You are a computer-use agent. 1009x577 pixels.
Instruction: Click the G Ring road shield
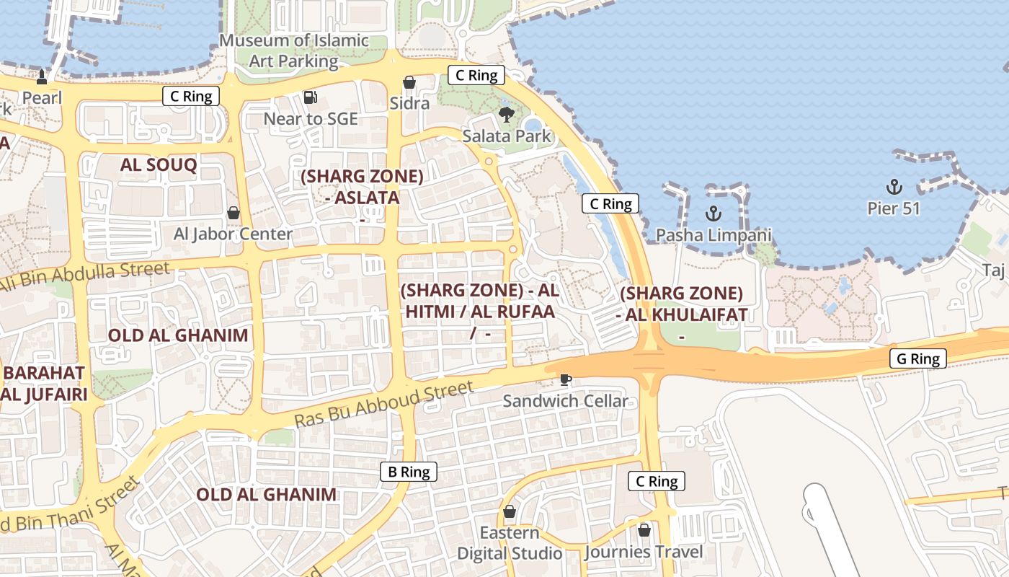[x=917, y=358]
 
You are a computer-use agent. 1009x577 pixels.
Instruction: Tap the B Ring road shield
[x=409, y=472]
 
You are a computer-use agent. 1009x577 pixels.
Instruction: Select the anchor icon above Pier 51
[x=894, y=187]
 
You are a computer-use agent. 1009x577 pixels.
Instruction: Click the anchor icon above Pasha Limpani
[x=713, y=213]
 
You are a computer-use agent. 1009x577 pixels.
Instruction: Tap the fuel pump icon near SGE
[x=310, y=97]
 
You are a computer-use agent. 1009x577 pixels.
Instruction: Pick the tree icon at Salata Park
[x=507, y=114]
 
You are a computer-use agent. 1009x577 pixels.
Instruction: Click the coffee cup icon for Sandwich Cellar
[x=566, y=379]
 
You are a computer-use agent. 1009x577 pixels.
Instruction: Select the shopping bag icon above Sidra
[x=409, y=82]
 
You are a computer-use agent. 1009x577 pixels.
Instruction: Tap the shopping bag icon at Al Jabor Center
[x=234, y=213]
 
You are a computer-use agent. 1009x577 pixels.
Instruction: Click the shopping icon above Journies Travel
[x=644, y=530]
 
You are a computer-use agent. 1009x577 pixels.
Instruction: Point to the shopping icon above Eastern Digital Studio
[x=510, y=511]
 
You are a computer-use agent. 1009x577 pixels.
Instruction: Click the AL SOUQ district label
[x=159, y=164]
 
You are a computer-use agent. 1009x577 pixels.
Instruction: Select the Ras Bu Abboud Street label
[x=384, y=404]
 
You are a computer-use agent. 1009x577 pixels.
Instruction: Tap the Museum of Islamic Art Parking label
[x=293, y=50]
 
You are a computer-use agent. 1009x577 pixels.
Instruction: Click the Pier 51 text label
[x=894, y=208]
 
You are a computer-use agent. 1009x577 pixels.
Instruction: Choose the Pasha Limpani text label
[x=713, y=235]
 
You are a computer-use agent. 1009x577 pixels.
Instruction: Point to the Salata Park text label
[x=507, y=136]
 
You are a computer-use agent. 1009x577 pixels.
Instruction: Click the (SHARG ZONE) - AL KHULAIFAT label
[x=681, y=304]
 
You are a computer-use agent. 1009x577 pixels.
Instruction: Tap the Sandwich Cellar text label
[x=566, y=401]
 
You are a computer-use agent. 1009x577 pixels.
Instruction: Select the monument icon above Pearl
[x=42, y=76]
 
